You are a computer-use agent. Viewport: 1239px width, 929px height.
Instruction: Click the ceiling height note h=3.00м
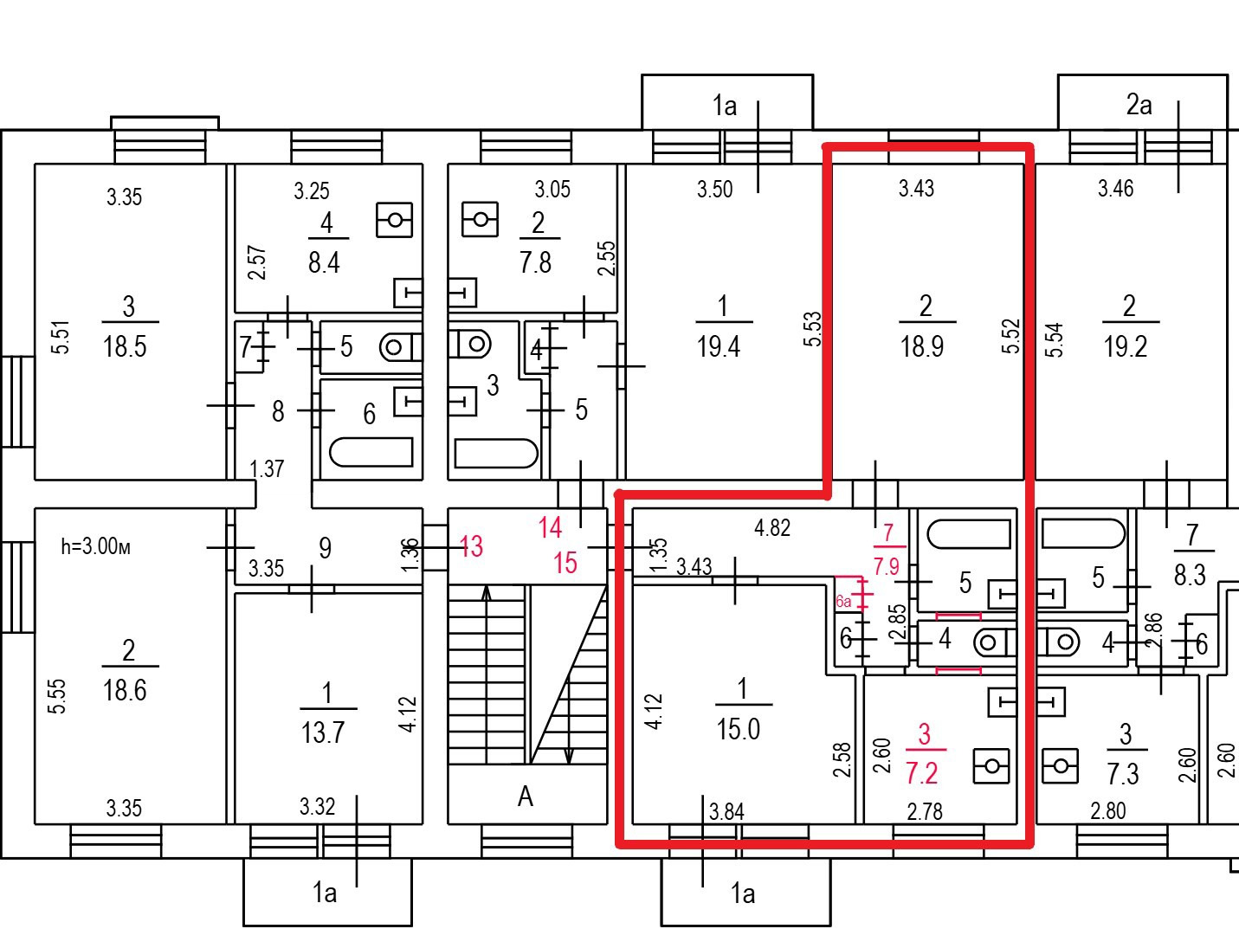pos(96,546)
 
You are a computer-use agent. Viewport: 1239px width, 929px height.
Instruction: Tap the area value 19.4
pos(718,346)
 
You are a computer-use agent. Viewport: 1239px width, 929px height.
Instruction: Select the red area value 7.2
pos(922,773)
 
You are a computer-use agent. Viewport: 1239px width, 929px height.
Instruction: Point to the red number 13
pos(471,546)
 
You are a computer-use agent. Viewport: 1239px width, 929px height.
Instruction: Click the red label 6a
pos(843,602)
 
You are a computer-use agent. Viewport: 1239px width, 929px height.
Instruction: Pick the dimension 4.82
pos(772,528)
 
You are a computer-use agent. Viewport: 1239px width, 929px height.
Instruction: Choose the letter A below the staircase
pos(526,797)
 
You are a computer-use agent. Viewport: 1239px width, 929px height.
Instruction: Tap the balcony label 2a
pos(1139,105)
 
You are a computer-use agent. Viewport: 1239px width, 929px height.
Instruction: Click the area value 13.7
pos(322,732)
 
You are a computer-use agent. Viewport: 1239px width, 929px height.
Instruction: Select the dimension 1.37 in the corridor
pos(267,469)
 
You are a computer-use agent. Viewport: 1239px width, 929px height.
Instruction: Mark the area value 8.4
pos(324,262)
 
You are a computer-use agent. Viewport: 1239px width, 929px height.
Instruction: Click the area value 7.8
pos(536,262)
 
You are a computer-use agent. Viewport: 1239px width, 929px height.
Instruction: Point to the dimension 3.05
pos(552,190)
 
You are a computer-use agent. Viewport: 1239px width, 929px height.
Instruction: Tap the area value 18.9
pos(922,346)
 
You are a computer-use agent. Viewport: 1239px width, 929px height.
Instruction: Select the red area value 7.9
pos(887,566)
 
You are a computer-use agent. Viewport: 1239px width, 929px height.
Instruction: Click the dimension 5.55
pos(57,696)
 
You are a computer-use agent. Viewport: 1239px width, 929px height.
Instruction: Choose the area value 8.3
pos(1190,576)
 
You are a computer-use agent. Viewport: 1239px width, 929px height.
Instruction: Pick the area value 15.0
pos(739,729)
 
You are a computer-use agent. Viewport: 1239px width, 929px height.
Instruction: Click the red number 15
pos(565,563)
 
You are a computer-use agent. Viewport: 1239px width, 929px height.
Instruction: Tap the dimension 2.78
pos(925,811)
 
